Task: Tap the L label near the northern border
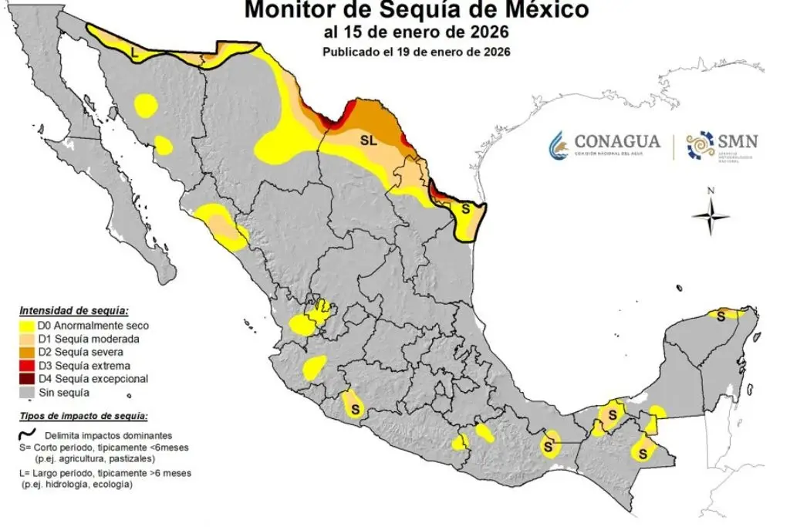coord(135,54)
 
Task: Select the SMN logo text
coord(737,141)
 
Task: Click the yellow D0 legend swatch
coord(27,326)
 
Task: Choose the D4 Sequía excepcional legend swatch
coord(27,379)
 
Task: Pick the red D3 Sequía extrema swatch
coord(27,366)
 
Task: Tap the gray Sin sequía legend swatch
coord(27,392)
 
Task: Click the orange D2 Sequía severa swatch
coord(27,353)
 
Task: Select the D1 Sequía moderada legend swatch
coord(27,340)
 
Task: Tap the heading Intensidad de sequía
coord(73,312)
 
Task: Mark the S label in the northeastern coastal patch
coord(465,209)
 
